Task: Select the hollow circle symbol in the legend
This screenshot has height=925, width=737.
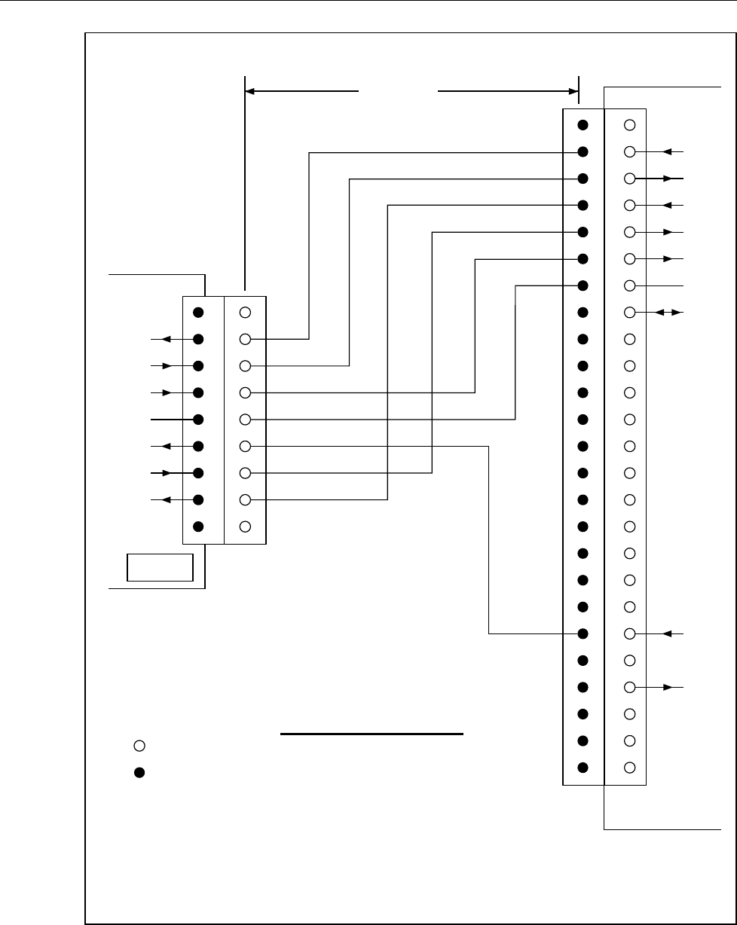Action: tap(139, 746)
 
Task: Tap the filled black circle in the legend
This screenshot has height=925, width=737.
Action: tap(139, 773)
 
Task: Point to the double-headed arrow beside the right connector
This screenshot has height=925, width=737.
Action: tap(668, 312)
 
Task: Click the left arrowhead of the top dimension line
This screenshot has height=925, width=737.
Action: tap(251, 90)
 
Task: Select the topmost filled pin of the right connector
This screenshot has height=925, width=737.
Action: tap(583, 124)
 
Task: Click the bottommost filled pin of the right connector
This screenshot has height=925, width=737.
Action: tap(583, 768)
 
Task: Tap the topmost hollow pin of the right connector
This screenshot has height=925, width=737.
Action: tap(631, 124)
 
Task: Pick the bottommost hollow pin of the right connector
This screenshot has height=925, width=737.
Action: tap(631, 768)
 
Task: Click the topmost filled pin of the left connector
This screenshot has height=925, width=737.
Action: tap(197, 312)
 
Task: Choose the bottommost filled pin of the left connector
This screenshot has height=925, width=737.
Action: tap(197, 526)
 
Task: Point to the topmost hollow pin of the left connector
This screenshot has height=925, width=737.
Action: tap(245, 312)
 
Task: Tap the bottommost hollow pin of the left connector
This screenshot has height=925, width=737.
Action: tap(245, 526)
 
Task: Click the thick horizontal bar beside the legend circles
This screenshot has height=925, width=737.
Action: tap(371, 733)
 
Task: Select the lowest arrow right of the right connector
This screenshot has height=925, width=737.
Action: tap(669, 688)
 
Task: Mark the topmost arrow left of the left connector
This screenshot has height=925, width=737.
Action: tap(166, 339)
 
